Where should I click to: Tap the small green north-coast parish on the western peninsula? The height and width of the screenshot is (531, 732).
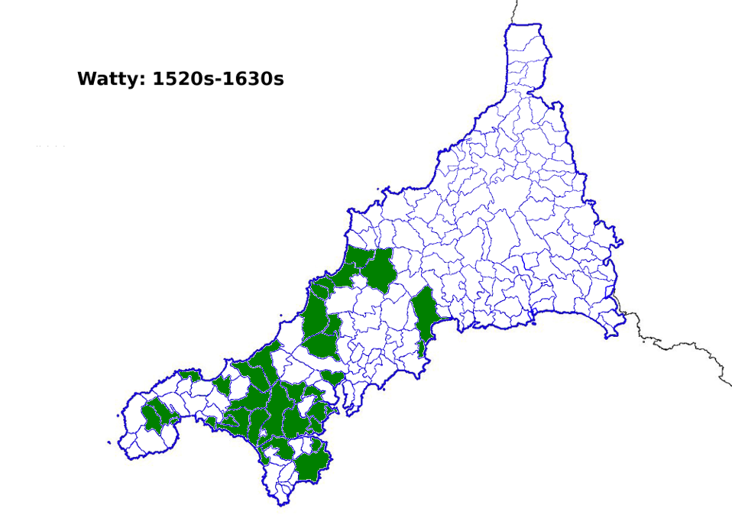pyautogui.click(x=189, y=375)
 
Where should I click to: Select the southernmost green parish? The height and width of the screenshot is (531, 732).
pyautogui.click(x=311, y=465)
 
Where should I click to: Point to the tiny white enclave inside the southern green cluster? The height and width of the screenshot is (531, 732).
pyautogui.click(x=264, y=433)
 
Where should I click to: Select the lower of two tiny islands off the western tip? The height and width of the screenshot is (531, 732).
pyautogui.click(x=109, y=443)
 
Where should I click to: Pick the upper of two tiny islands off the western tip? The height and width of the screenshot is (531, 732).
pyautogui.click(x=117, y=416)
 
